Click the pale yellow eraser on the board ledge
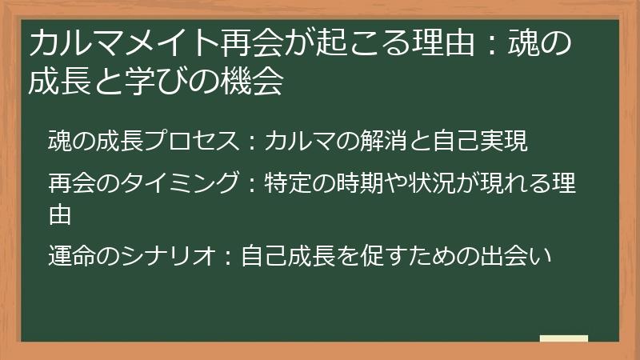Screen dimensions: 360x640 [x=564, y=338]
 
